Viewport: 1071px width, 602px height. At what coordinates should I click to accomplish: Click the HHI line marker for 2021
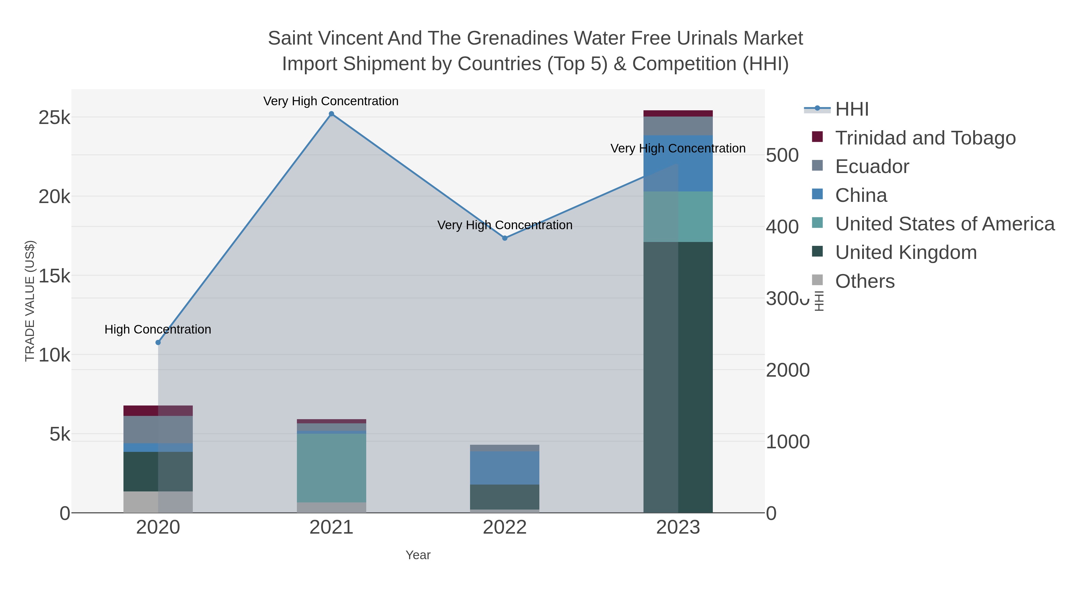[x=331, y=114]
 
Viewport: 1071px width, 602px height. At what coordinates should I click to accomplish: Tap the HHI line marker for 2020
[x=158, y=342]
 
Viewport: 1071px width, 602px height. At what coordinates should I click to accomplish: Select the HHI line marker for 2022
[x=505, y=238]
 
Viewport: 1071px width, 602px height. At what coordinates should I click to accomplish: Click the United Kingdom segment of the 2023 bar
[x=678, y=377]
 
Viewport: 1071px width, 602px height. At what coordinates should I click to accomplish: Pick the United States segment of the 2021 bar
[x=331, y=468]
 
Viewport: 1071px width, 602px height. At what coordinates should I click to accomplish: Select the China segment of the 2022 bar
[x=505, y=468]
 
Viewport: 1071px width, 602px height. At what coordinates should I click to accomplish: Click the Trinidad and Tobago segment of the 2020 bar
[x=158, y=411]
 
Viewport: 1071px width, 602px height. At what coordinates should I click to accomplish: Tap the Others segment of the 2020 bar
[x=158, y=502]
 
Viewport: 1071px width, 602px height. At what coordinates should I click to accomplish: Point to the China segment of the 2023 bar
[x=678, y=163]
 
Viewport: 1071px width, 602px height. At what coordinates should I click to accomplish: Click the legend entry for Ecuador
[x=872, y=166]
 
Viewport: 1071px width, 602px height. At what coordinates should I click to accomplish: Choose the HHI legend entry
[x=851, y=109]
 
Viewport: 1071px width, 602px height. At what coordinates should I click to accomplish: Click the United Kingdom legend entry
[x=906, y=253]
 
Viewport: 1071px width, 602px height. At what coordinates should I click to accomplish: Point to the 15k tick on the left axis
[x=54, y=276]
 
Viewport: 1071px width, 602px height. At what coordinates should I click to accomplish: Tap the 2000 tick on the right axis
[x=787, y=370]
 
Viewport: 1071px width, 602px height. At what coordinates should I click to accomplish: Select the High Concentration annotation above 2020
[x=158, y=329]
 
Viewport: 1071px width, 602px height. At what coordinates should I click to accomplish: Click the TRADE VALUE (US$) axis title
[x=30, y=301]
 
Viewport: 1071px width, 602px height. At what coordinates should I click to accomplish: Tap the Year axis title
[x=418, y=555]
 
